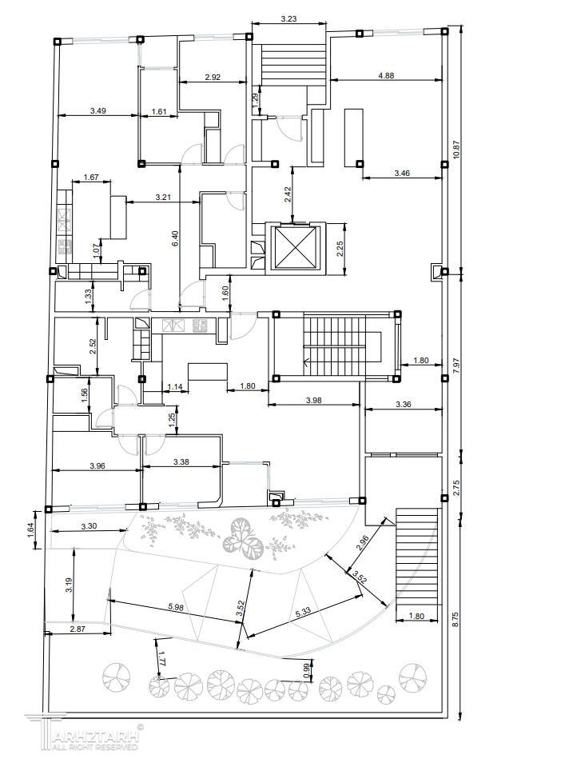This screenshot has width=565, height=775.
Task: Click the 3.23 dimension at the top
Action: (x=289, y=19)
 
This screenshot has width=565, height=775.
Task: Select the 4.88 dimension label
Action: (x=386, y=76)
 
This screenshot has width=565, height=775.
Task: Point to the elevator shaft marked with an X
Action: (x=295, y=247)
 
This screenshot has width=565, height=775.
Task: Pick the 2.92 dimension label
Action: (x=213, y=77)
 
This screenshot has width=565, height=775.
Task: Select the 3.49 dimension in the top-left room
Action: (x=98, y=111)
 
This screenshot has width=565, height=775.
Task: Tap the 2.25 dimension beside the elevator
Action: (x=340, y=248)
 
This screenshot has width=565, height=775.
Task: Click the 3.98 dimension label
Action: (x=313, y=401)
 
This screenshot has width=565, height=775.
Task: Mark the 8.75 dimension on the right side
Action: (x=456, y=620)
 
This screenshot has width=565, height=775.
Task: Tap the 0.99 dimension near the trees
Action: (x=306, y=670)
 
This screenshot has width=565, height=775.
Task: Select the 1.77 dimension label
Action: (x=161, y=660)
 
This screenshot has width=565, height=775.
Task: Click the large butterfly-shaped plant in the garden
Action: (x=242, y=538)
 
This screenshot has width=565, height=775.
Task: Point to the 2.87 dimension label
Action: (x=78, y=629)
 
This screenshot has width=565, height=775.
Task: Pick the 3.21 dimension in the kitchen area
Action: (x=163, y=198)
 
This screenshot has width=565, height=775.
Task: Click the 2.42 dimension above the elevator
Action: (x=288, y=194)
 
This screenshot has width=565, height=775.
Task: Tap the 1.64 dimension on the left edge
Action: (x=30, y=529)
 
